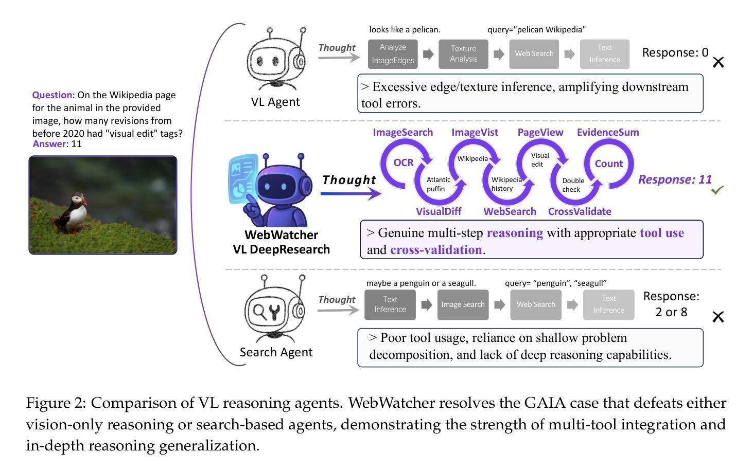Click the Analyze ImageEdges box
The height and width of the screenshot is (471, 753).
[393, 54]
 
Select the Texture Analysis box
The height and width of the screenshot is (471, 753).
[463, 54]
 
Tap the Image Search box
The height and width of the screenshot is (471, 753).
[463, 304]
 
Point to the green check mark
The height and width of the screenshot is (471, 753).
[717, 190]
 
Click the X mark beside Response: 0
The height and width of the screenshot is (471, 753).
[719, 62]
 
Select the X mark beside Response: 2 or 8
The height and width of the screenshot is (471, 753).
[718, 317]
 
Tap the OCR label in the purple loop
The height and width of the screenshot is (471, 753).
[404, 162]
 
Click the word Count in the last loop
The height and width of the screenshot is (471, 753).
[609, 164]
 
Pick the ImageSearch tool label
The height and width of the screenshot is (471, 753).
[402, 132]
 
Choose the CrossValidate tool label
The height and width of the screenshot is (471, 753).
[580, 211]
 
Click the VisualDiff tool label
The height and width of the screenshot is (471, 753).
[439, 211]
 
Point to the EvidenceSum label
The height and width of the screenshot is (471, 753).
[608, 132]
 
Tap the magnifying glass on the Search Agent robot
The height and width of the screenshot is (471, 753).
[259, 312]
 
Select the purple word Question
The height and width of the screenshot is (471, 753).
[52, 95]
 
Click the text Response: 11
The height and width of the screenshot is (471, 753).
[675, 179]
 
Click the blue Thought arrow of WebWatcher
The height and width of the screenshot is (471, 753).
[351, 193]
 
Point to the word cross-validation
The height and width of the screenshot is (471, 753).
[436, 250]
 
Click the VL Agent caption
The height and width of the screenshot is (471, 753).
[275, 102]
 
